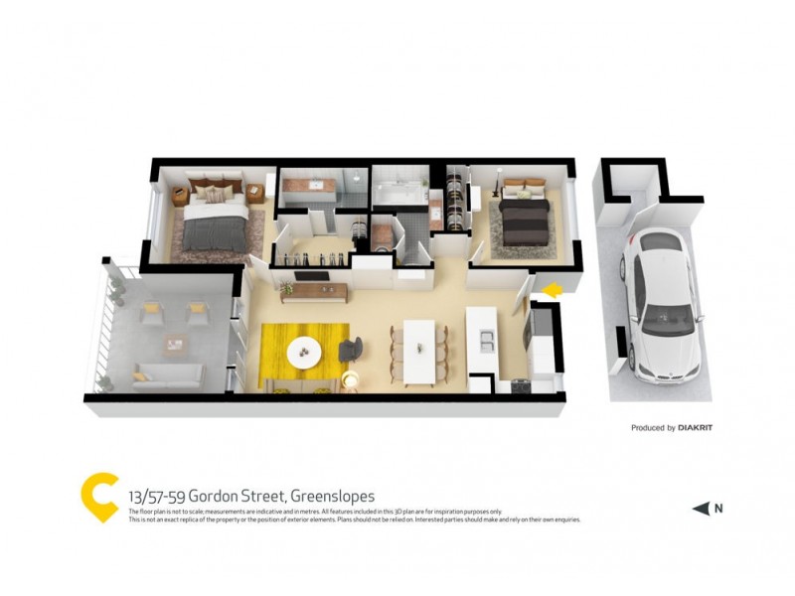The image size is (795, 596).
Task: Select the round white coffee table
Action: coord(303,351)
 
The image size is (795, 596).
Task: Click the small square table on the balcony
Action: coord(175,345)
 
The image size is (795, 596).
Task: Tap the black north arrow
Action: coord(701,510)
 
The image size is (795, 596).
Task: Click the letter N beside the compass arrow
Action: coord(718,510)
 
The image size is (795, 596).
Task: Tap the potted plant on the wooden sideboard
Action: coord(288,288)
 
